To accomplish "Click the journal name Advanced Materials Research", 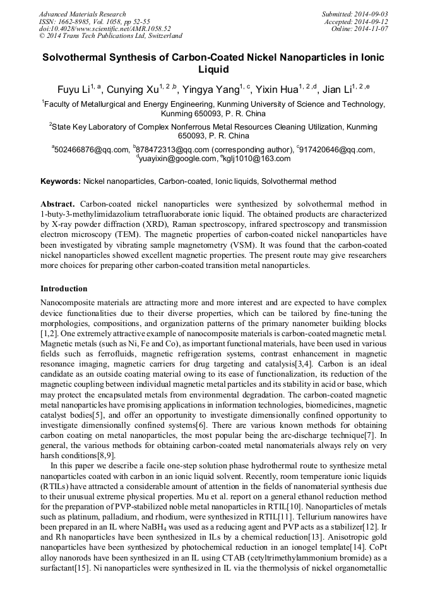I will [82, 14].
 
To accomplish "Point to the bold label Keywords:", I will [61, 181].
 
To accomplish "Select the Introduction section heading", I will [64, 288].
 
